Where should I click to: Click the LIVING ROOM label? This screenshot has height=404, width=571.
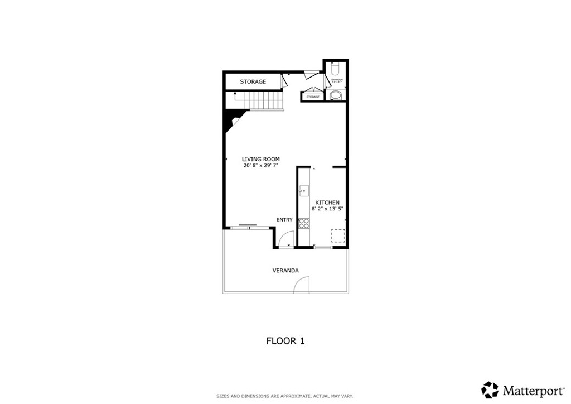pos(260,159)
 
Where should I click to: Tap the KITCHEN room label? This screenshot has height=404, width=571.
pos(327,203)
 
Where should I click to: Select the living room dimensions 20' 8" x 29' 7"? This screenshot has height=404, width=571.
pos(260,166)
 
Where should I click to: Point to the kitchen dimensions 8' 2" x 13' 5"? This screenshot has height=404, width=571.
pos(327,209)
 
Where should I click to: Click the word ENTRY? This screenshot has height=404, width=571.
pos(284,220)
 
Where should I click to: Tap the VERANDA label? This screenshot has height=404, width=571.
pos(285,271)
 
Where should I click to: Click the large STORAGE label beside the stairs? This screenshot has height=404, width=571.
pos(253,82)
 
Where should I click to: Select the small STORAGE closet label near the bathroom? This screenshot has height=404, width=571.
pos(313,97)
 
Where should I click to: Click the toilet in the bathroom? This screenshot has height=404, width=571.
pos(335,70)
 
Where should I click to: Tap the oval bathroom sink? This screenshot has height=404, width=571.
pos(336,95)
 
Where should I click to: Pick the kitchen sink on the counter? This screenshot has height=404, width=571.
pos(303,191)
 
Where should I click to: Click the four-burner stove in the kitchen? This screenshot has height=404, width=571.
pos(304,223)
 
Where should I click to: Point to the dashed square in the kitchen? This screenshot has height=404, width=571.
pos(338,235)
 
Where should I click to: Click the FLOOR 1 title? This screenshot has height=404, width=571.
pos(285,340)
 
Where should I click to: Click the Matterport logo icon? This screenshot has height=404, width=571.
pos(490,389)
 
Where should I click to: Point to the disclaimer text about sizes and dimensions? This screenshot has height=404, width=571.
pos(285,396)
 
